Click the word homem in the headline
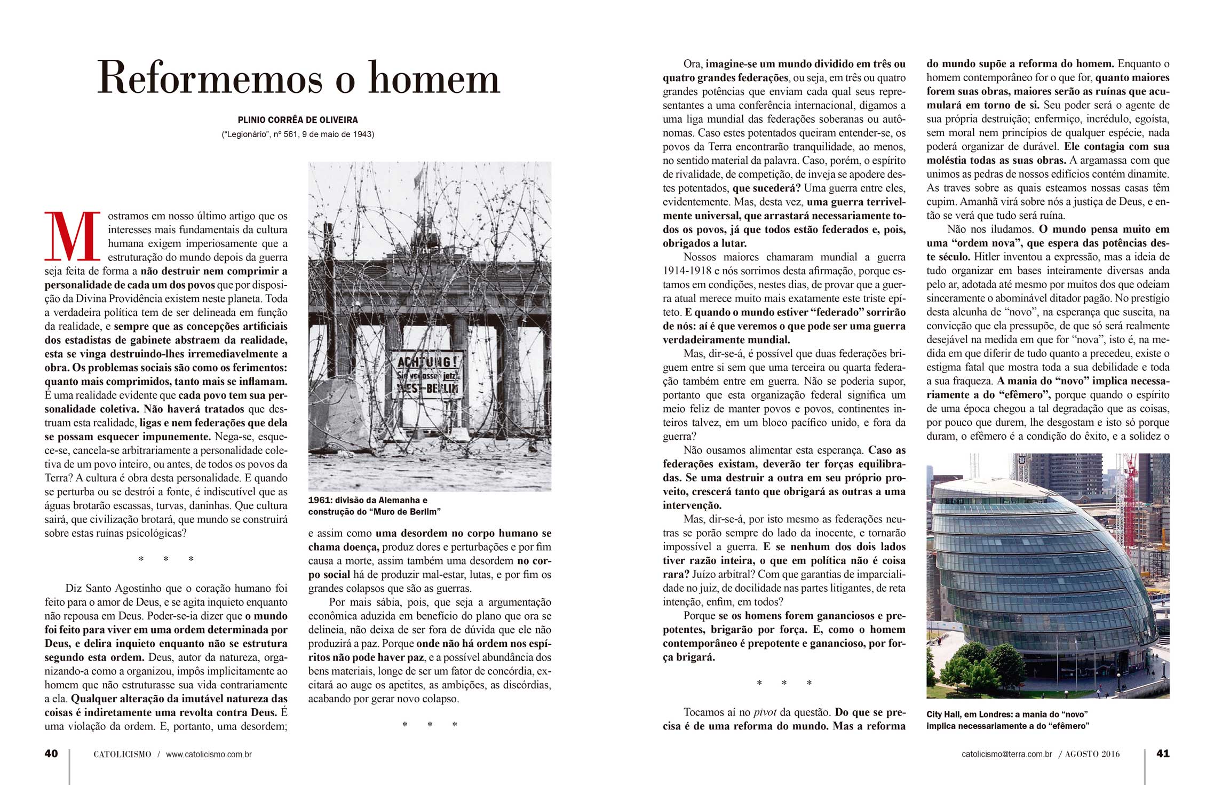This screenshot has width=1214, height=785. point(434,79)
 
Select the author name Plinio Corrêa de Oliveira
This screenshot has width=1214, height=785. point(298,120)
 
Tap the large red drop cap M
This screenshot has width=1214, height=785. point(72,236)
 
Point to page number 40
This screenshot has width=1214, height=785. point(51,754)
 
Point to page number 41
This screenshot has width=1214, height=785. point(1163,754)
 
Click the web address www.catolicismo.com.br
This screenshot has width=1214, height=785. point(209,755)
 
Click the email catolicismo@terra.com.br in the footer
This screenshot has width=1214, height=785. point(1006,755)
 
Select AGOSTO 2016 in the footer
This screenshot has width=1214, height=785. point(1092,755)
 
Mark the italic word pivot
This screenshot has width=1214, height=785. point(765,712)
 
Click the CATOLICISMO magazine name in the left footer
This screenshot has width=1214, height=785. point(122,755)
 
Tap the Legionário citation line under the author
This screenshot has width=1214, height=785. point(298,134)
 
